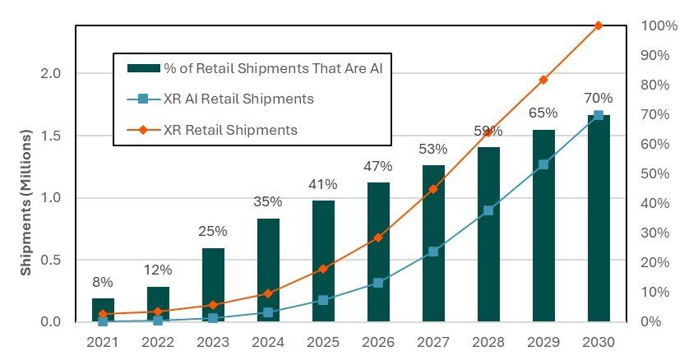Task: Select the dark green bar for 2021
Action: coord(103,310)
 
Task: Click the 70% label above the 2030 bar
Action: coord(598,99)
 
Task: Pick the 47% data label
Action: coord(377,166)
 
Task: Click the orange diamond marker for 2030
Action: coord(598,25)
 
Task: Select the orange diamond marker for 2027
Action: coord(432,189)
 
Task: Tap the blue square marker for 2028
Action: coord(488,210)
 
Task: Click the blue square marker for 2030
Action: coord(598,115)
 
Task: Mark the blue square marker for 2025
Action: coord(323,300)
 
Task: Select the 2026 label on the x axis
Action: coord(377,340)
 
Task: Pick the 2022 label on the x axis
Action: coord(158,340)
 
